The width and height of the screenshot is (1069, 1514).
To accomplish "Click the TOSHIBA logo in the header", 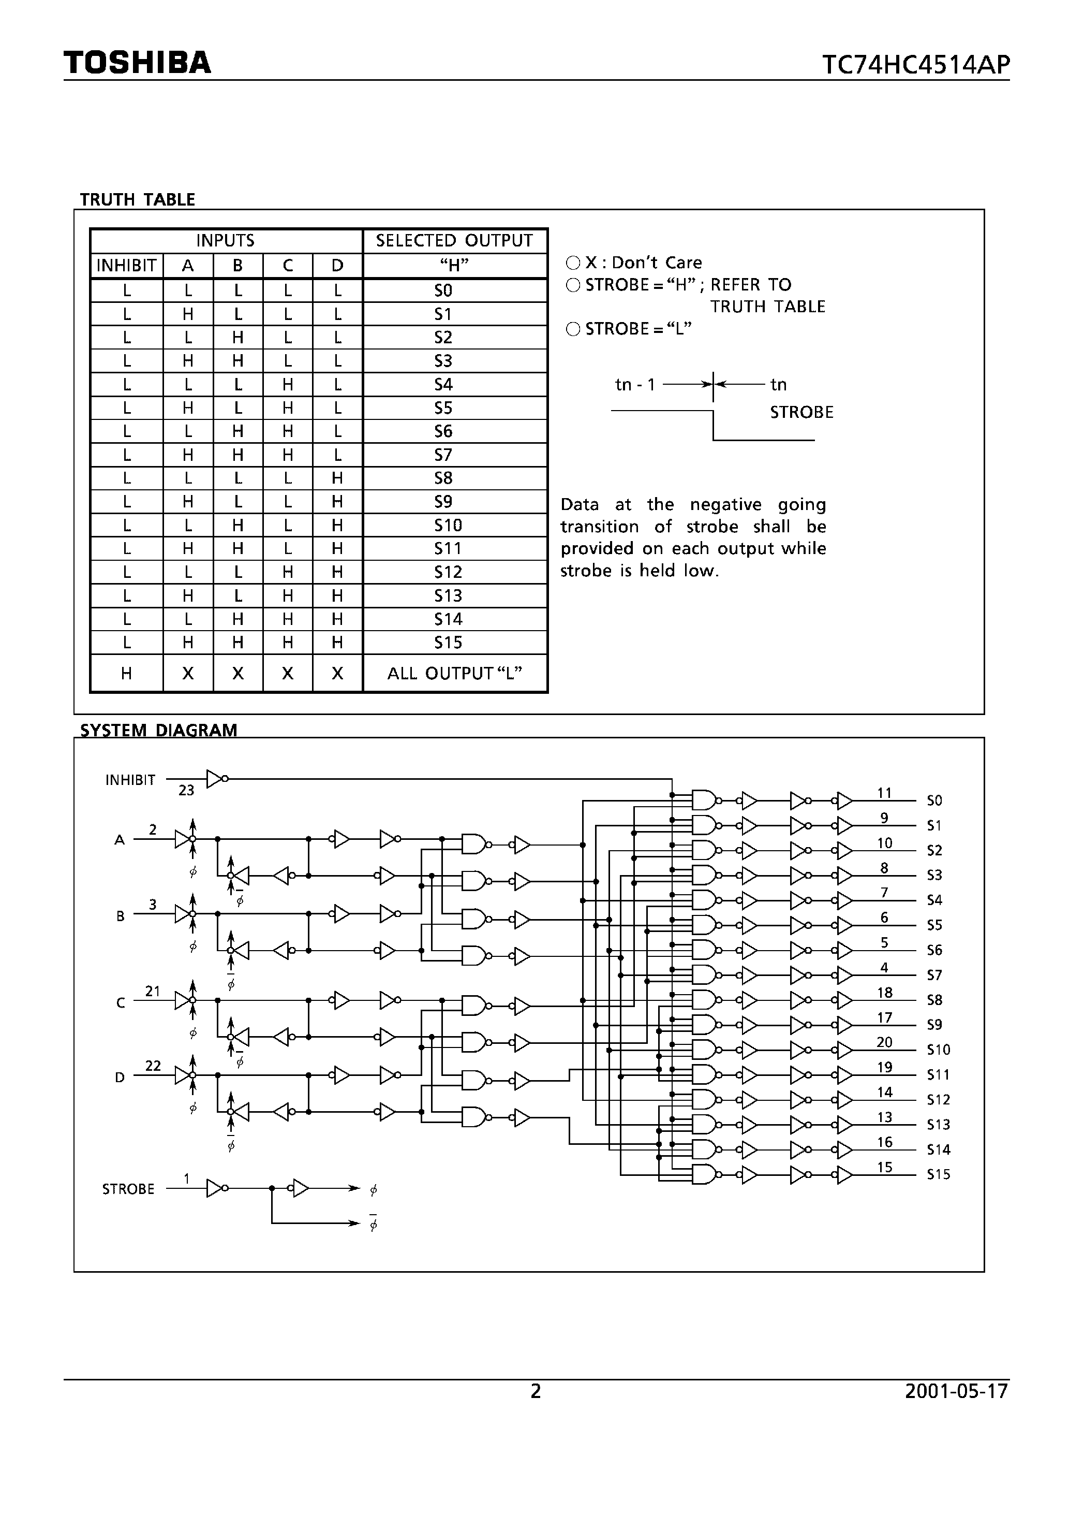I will pyautogui.click(x=137, y=62).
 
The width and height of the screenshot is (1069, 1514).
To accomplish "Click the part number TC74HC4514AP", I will pyautogui.click(x=915, y=65).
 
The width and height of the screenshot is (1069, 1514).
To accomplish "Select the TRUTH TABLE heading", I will pyautogui.click(x=137, y=199).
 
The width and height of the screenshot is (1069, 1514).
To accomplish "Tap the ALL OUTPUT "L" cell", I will pyautogui.click(x=455, y=673).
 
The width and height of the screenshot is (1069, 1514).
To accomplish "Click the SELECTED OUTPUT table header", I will pyautogui.click(x=454, y=241).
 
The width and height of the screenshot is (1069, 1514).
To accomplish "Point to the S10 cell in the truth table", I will pyautogui.click(x=448, y=525).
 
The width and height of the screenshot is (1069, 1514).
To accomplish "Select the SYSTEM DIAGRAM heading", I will pyautogui.click(x=158, y=730).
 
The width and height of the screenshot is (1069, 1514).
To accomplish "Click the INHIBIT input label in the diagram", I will pyautogui.click(x=130, y=780).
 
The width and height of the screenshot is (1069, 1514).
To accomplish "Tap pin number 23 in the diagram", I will pyautogui.click(x=186, y=790).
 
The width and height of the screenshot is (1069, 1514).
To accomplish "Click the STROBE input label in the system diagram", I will pyautogui.click(x=128, y=1189).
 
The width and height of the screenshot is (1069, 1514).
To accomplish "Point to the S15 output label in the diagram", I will pyautogui.click(x=939, y=1174).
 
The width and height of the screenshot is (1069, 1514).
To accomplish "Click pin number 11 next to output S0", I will pyautogui.click(x=884, y=793).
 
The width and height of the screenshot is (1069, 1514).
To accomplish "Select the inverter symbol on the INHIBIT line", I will pyautogui.click(x=216, y=779).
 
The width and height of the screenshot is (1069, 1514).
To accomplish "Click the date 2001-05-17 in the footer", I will pyautogui.click(x=956, y=1391).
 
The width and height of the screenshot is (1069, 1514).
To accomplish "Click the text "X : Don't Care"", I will pyautogui.click(x=643, y=263).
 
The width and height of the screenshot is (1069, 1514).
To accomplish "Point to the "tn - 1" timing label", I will pyautogui.click(x=635, y=384).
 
